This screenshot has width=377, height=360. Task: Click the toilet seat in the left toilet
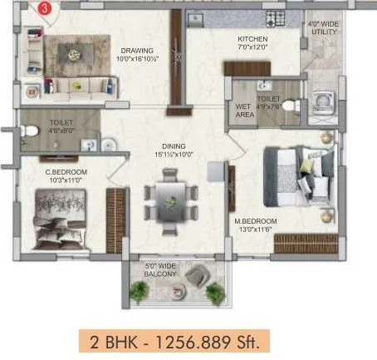click(30, 131)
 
